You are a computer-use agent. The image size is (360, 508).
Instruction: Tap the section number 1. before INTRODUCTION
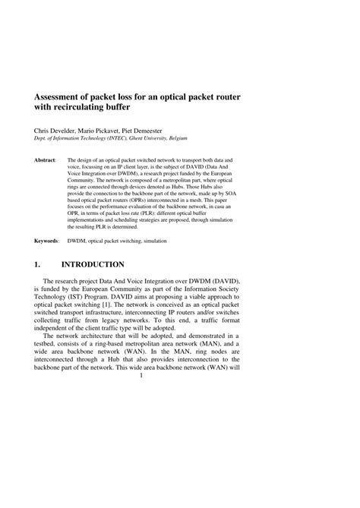(36, 264)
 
